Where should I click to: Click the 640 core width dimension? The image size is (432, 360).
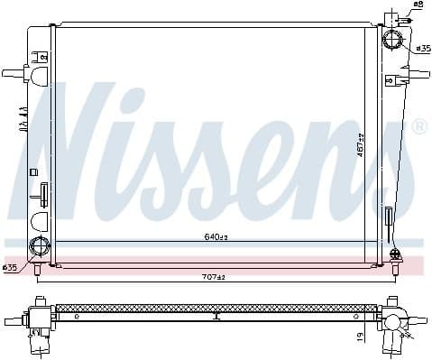tap(214, 238)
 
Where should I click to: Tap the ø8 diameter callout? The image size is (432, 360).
tap(417, 5)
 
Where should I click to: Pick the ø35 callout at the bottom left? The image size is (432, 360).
tap(10, 268)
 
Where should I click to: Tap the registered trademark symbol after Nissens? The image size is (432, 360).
tap(419, 129)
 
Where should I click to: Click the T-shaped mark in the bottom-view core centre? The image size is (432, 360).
tap(216, 316)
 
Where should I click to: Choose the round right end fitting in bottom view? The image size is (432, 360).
tap(394, 321)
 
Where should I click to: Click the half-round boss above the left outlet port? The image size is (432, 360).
tap(40, 221)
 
